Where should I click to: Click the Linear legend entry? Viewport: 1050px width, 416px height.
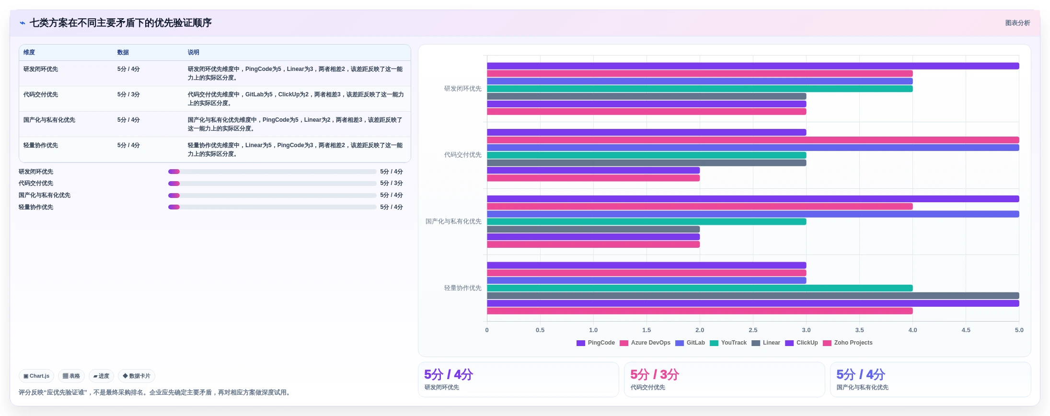766,343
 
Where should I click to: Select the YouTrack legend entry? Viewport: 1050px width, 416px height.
728,343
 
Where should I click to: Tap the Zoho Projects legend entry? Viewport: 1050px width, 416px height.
847,343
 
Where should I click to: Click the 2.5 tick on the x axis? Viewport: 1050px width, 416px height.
753,330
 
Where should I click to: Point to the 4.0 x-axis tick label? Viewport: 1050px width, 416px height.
912,330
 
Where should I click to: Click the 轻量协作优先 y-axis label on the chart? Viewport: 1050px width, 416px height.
462,288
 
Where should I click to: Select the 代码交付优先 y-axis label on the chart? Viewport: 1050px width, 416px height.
462,155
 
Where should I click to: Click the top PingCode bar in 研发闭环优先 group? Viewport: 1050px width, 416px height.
753,66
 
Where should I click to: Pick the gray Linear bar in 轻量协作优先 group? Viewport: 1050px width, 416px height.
753,296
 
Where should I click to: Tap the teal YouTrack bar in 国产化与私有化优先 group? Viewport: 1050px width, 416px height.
646,222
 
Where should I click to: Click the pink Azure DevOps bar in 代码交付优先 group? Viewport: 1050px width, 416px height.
753,140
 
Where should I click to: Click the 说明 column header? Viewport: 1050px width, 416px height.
193,52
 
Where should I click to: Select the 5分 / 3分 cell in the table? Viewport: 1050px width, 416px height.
128,94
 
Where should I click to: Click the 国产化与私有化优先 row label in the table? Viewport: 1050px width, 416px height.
49,120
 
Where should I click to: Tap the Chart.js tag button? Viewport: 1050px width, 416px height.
36,376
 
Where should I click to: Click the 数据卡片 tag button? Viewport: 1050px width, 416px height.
137,376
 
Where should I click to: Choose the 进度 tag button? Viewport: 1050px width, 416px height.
101,376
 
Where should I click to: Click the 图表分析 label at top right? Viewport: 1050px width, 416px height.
1017,23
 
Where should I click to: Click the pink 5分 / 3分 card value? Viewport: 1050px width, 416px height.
655,374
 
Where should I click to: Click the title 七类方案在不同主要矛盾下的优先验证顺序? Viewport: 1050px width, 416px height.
120,23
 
